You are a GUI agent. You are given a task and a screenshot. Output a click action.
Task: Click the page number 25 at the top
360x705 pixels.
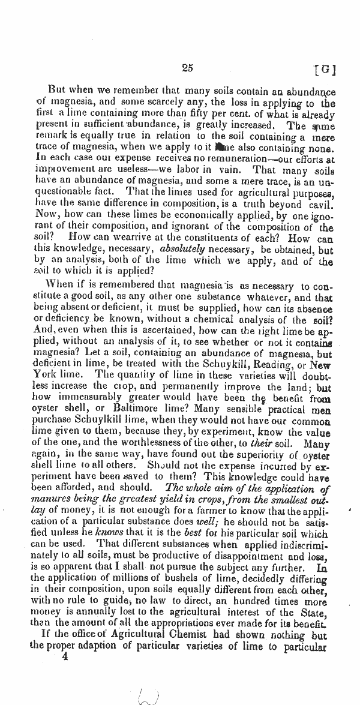tap(187, 68)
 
